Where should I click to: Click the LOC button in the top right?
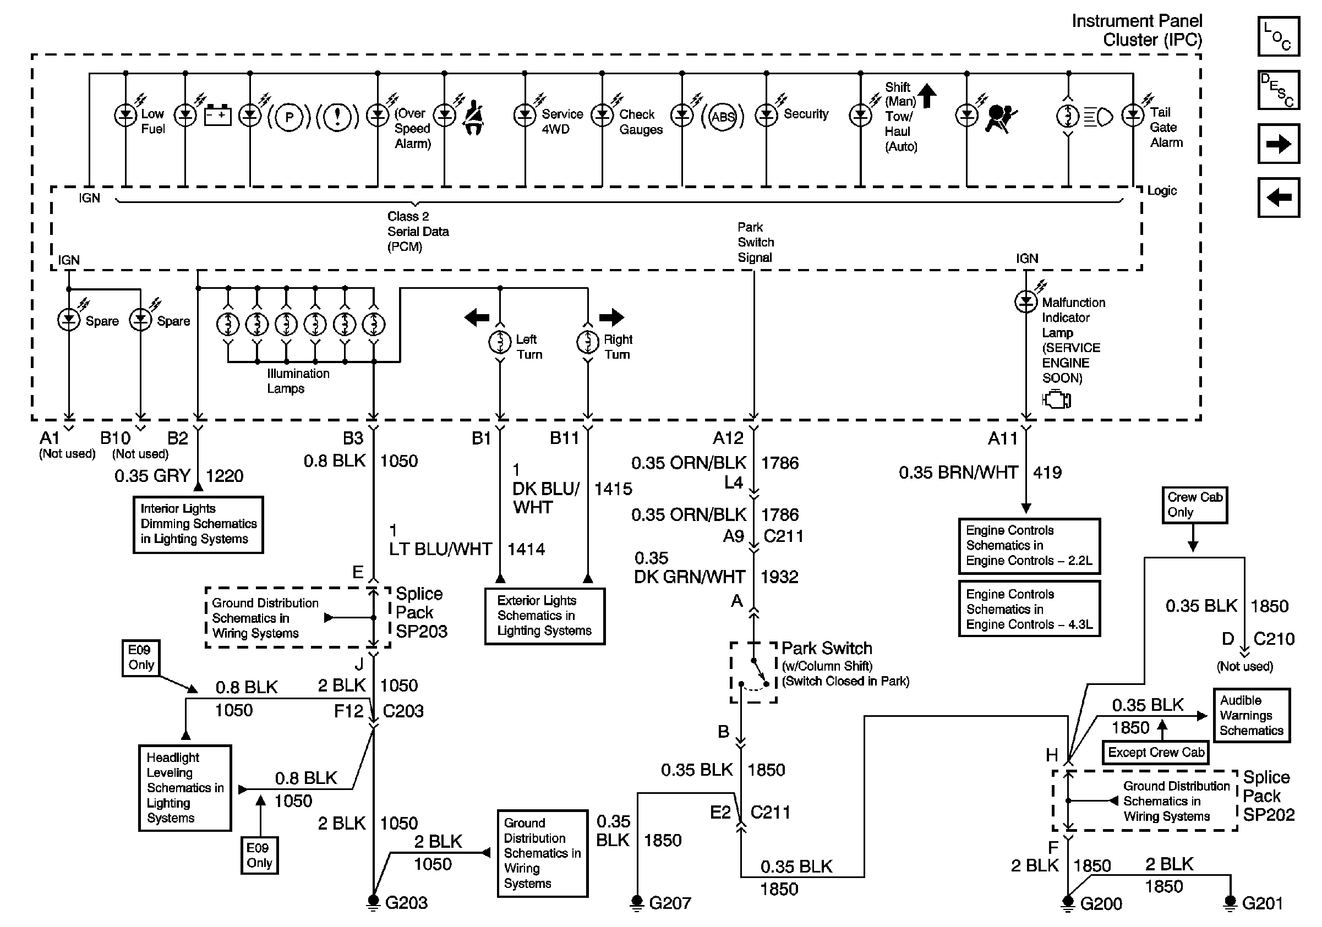(1278, 36)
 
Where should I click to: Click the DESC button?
(1278, 90)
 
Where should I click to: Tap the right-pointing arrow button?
(1278, 144)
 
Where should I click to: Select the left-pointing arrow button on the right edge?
(1278, 198)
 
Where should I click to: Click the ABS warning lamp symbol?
(723, 117)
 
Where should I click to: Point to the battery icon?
(217, 115)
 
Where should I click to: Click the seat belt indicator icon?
(473, 117)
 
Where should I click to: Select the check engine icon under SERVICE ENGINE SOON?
(1057, 399)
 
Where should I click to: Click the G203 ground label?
(406, 902)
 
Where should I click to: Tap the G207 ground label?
(670, 903)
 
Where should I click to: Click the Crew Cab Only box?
(1195, 504)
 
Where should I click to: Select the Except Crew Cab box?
(1156, 752)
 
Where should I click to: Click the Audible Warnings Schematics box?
(1251, 715)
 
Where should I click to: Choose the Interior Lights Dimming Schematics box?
(198, 524)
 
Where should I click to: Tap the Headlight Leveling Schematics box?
(185, 788)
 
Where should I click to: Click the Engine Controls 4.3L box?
(1029, 609)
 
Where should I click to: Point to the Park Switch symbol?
(753, 672)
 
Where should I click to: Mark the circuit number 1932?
(780, 577)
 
